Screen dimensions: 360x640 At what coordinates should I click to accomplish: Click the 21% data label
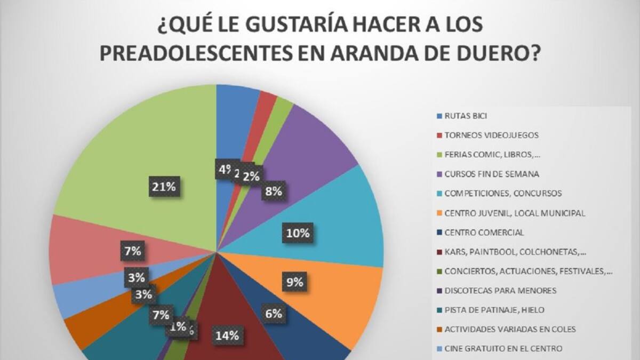click(162, 187)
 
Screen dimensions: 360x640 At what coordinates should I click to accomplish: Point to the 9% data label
click(294, 282)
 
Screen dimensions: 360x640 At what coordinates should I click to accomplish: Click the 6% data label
click(273, 314)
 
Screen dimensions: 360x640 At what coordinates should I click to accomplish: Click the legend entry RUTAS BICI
click(466, 115)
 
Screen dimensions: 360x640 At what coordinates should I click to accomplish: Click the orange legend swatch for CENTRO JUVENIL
click(439, 213)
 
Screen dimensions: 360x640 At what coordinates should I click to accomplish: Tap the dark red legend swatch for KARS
click(439, 252)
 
